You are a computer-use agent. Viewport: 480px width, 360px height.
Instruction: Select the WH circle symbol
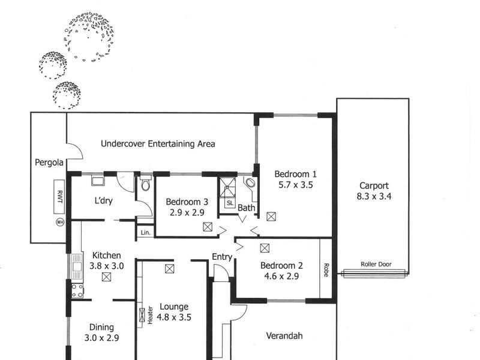click(x=59, y=222)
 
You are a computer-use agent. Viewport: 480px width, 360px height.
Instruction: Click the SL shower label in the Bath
click(x=230, y=203)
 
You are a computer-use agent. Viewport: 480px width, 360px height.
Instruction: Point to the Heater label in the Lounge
click(x=149, y=314)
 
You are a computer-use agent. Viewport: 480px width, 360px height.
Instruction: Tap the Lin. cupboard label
click(x=145, y=232)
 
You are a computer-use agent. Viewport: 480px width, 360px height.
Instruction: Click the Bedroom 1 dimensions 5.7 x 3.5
click(x=295, y=185)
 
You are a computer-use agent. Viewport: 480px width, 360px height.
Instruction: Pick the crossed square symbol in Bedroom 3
click(x=208, y=226)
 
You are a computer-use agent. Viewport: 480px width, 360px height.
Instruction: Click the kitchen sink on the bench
click(x=76, y=264)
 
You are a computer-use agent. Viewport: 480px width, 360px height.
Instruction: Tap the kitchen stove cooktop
click(x=77, y=290)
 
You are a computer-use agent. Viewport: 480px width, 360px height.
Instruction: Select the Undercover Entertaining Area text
click(x=158, y=144)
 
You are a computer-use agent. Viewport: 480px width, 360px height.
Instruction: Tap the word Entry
click(x=222, y=257)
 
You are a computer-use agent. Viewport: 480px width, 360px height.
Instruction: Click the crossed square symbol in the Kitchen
click(x=106, y=277)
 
